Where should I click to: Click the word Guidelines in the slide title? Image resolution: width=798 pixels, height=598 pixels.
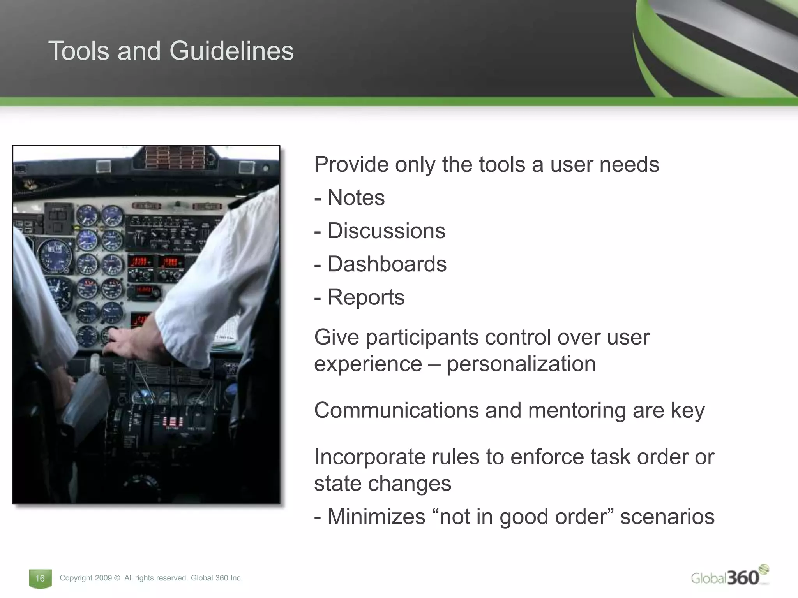[231, 51]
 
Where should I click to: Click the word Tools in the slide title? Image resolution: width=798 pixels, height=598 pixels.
[79, 51]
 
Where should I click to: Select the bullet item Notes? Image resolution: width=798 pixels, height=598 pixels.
[356, 197]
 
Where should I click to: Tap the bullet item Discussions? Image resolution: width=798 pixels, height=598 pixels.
[386, 230]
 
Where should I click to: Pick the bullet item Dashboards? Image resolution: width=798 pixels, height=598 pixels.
[387, 264]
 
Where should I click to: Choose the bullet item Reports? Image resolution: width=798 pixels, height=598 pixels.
[365, 297]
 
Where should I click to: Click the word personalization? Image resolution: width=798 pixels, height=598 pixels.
[521, 364]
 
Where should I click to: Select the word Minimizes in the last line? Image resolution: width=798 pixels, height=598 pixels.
[376, 517]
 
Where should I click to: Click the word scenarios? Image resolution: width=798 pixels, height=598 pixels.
[667, 517]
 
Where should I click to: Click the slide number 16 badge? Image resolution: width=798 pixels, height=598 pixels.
[40, 578]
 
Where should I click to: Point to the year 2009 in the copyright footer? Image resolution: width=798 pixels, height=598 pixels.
[103, 578]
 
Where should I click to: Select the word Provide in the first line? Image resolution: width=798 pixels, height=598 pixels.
[351, 164]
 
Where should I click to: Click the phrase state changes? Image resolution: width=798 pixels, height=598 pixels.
[383, 484]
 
